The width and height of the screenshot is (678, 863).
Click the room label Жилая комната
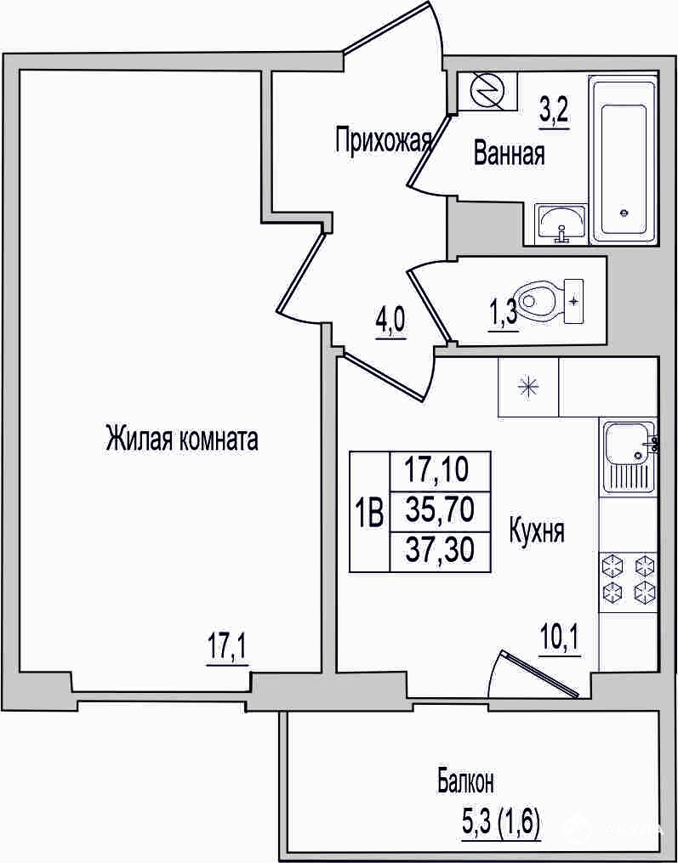pyautogui.click(x=182, y=440)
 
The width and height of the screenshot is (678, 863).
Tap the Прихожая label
pyautogui.click(x=383, y=139)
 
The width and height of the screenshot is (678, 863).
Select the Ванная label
pyautogui.click(x=509, y=154)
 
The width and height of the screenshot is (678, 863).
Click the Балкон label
pyautogui.click(x=466, y=782)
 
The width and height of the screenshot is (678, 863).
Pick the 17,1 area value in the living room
pyautogui.click(x=227, y=650)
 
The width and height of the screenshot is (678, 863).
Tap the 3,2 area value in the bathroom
pyautogui.click(x=554, y=114)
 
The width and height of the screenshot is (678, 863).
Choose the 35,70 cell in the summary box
pyautogui.click(x=440, y=511)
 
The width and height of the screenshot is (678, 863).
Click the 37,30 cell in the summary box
pyautogui.click(x=440, y=551)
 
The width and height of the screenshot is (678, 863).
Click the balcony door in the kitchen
pyautogui.click(x=539, y=675)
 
